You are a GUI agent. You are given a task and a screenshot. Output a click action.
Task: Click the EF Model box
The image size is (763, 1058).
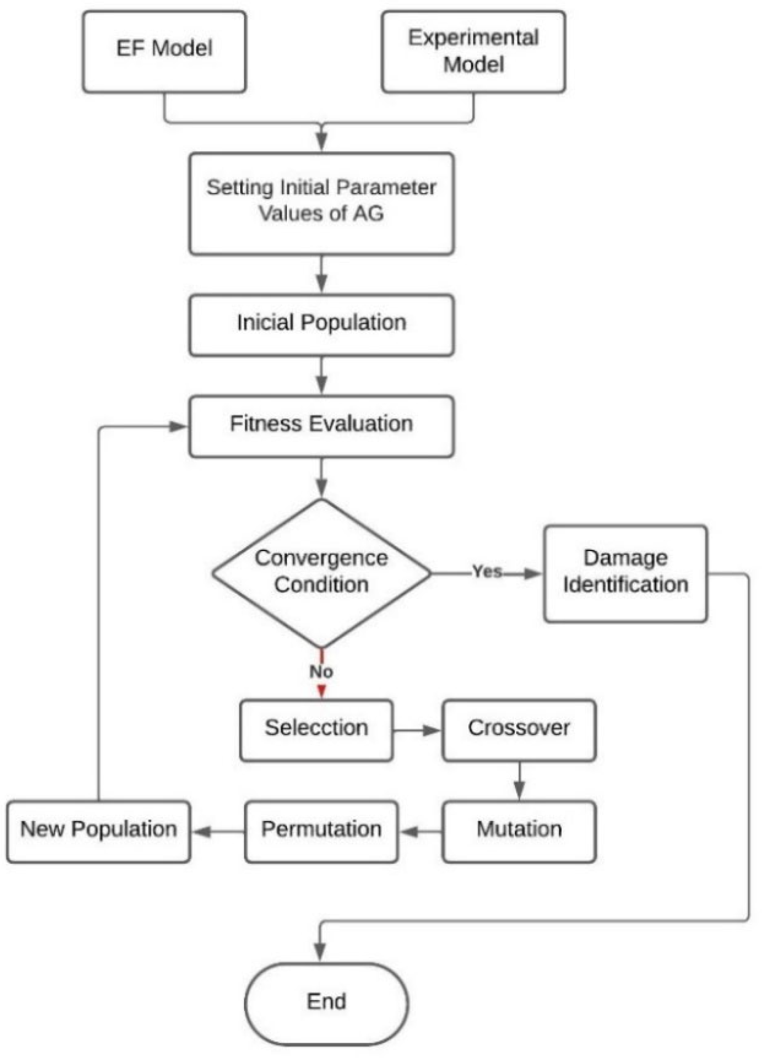click(x=164, y=51)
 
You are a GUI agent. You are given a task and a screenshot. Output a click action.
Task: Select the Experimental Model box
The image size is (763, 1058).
click(x=473, y=51)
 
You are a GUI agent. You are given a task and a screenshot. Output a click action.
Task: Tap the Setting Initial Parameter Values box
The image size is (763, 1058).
click(x=322, y=203)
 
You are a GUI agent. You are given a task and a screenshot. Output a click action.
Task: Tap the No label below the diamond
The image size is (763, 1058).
click(x=321, y=672)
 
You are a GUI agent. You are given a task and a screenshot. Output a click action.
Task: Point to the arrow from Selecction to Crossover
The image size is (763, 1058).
click(x=417, y=731)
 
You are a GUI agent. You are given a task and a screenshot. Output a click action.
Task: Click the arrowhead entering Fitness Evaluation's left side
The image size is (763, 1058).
click(x=177, y=426)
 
